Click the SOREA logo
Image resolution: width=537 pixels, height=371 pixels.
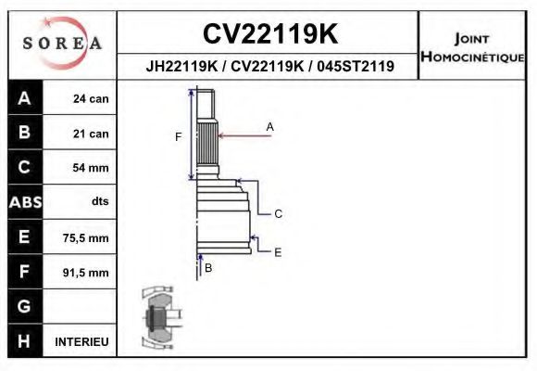(x=62, y=45)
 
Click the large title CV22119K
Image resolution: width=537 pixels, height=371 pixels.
(x=269, y=33)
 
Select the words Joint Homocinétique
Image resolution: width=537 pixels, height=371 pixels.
(x=473, y=46)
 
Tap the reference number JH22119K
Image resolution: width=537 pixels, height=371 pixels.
(x=181, y=67)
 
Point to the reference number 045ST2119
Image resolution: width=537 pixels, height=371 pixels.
(x=356, y=67)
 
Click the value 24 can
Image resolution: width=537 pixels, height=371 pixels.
(x=92, y=99)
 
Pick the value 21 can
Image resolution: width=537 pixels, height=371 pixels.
(x=92, y=134)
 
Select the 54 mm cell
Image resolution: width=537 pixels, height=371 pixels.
(x=92, y=168)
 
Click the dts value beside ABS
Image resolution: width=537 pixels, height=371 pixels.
(x=99, y=201)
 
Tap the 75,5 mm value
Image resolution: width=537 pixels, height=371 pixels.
(x=86, y=238)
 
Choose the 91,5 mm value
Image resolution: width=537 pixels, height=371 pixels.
(x=86, y=273)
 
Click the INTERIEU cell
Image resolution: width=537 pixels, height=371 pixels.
(x=81, y=342)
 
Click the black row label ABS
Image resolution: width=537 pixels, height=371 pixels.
(x=24, y=202)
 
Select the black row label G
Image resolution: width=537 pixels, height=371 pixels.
(x=24, y=307)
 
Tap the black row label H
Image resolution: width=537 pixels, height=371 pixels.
(x=24, y=341)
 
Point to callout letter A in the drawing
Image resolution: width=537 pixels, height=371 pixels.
(x=270, y=125)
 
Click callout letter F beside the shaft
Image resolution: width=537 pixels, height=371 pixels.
(x=179, y=137)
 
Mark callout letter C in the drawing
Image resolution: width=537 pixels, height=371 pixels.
(x=278, y=214)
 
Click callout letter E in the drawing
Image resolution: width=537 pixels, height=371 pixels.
(x=278, y=251)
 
